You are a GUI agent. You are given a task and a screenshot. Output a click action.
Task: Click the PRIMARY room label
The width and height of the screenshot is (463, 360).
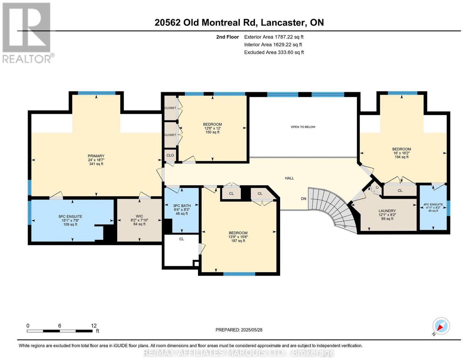click(x=96, y=156)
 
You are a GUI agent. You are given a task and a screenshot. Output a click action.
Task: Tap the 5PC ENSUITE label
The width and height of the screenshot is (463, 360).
click(x=70, y=217)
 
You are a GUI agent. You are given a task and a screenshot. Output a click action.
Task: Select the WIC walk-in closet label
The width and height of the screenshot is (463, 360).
click(x=139, y=216)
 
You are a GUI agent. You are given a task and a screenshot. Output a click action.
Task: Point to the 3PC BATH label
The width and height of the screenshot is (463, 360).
click(x=182, y=206)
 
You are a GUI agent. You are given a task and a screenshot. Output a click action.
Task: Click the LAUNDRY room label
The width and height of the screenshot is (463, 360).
click(x=387, y=211)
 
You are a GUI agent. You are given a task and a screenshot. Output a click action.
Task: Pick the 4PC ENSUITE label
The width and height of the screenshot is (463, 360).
click(x=433, y=204)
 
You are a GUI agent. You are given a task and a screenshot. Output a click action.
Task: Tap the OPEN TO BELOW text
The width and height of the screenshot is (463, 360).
click(x=303, y=127)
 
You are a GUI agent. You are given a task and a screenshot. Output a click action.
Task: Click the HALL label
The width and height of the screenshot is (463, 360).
click(x=289, y=178)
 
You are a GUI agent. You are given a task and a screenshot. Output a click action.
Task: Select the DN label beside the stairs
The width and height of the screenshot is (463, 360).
click(x=304, y=199)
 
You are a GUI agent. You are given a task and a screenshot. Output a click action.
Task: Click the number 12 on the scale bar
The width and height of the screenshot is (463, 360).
click(x=94, y=326)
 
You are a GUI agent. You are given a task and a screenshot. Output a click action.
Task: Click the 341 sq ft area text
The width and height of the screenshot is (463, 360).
click(x=96, y=164)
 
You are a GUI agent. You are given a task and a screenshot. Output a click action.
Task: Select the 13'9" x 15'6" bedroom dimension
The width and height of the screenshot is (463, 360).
click(x=238, y=237)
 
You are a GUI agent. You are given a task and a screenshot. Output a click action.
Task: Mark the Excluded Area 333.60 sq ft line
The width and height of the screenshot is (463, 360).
click(x=274, y=52)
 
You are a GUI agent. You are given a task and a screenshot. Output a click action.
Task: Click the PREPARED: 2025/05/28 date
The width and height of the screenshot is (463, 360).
click(x=239, y=330)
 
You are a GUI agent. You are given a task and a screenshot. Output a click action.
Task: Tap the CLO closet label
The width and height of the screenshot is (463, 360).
click(x=170, y=155)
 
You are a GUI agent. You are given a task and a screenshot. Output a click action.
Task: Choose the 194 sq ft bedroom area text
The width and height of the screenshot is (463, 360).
click(x=401, y=157)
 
